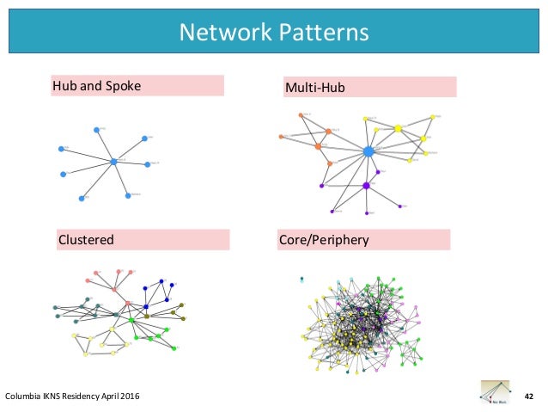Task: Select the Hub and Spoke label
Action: click(96, 86)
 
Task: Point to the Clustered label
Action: click(86, 239)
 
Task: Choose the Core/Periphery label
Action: click(325, 239)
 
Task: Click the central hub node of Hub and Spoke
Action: click(113, 162)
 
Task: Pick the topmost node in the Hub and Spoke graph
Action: click(95, 129)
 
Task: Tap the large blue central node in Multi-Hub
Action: click(368, 151)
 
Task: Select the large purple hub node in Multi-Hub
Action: click(366, 185)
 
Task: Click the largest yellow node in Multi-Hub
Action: click(398, 129)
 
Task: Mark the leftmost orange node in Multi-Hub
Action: click(280, 137)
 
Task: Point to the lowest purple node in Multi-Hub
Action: click(367, 213)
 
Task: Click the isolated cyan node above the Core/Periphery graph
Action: click(301, 279)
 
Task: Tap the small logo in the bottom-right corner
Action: click(496, 391)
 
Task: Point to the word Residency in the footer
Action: click(77, 396)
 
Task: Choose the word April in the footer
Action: click(106, 396)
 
